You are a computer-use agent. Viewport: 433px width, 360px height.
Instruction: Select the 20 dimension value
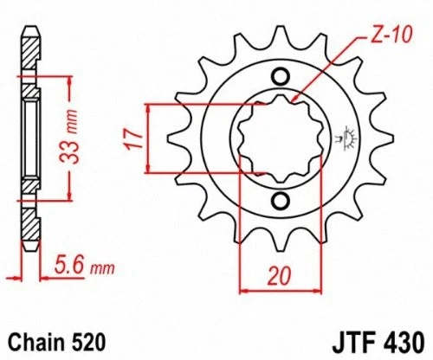coord(275,278)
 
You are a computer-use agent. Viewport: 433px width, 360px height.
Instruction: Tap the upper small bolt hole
coord(279,74)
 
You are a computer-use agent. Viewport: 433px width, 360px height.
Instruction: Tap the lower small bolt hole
coord(279,202)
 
